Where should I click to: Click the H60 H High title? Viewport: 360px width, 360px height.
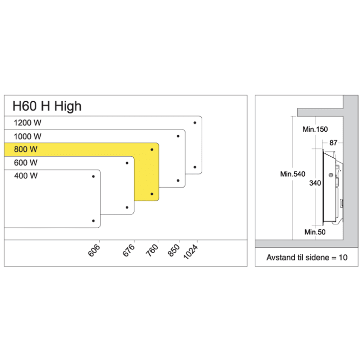tap(47, 105)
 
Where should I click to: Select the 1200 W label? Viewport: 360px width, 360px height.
tap(28, 123)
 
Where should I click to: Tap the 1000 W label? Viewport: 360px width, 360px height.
tap(28, 136)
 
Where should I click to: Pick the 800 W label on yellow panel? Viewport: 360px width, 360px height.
tap(25, 149)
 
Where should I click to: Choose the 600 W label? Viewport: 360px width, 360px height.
tap(25, 163)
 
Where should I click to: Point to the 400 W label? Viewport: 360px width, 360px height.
tap(25, 175)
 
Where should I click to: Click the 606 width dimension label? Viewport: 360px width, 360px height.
tap(95, 250)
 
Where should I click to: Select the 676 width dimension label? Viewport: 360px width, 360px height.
tap(129, 250)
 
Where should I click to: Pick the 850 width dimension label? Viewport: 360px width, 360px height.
tap(174, 250)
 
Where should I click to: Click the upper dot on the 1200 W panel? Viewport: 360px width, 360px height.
tap(195, 122)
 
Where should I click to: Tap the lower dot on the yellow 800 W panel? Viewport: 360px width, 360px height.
tap(152, 194)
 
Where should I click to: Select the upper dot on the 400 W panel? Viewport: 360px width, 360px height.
tap(93, 176)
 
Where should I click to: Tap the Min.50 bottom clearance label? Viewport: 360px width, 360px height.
tap(314, 232)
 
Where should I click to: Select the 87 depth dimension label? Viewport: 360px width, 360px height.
tap(333, 143)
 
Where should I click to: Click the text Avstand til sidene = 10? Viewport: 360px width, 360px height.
tap(307, 257)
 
